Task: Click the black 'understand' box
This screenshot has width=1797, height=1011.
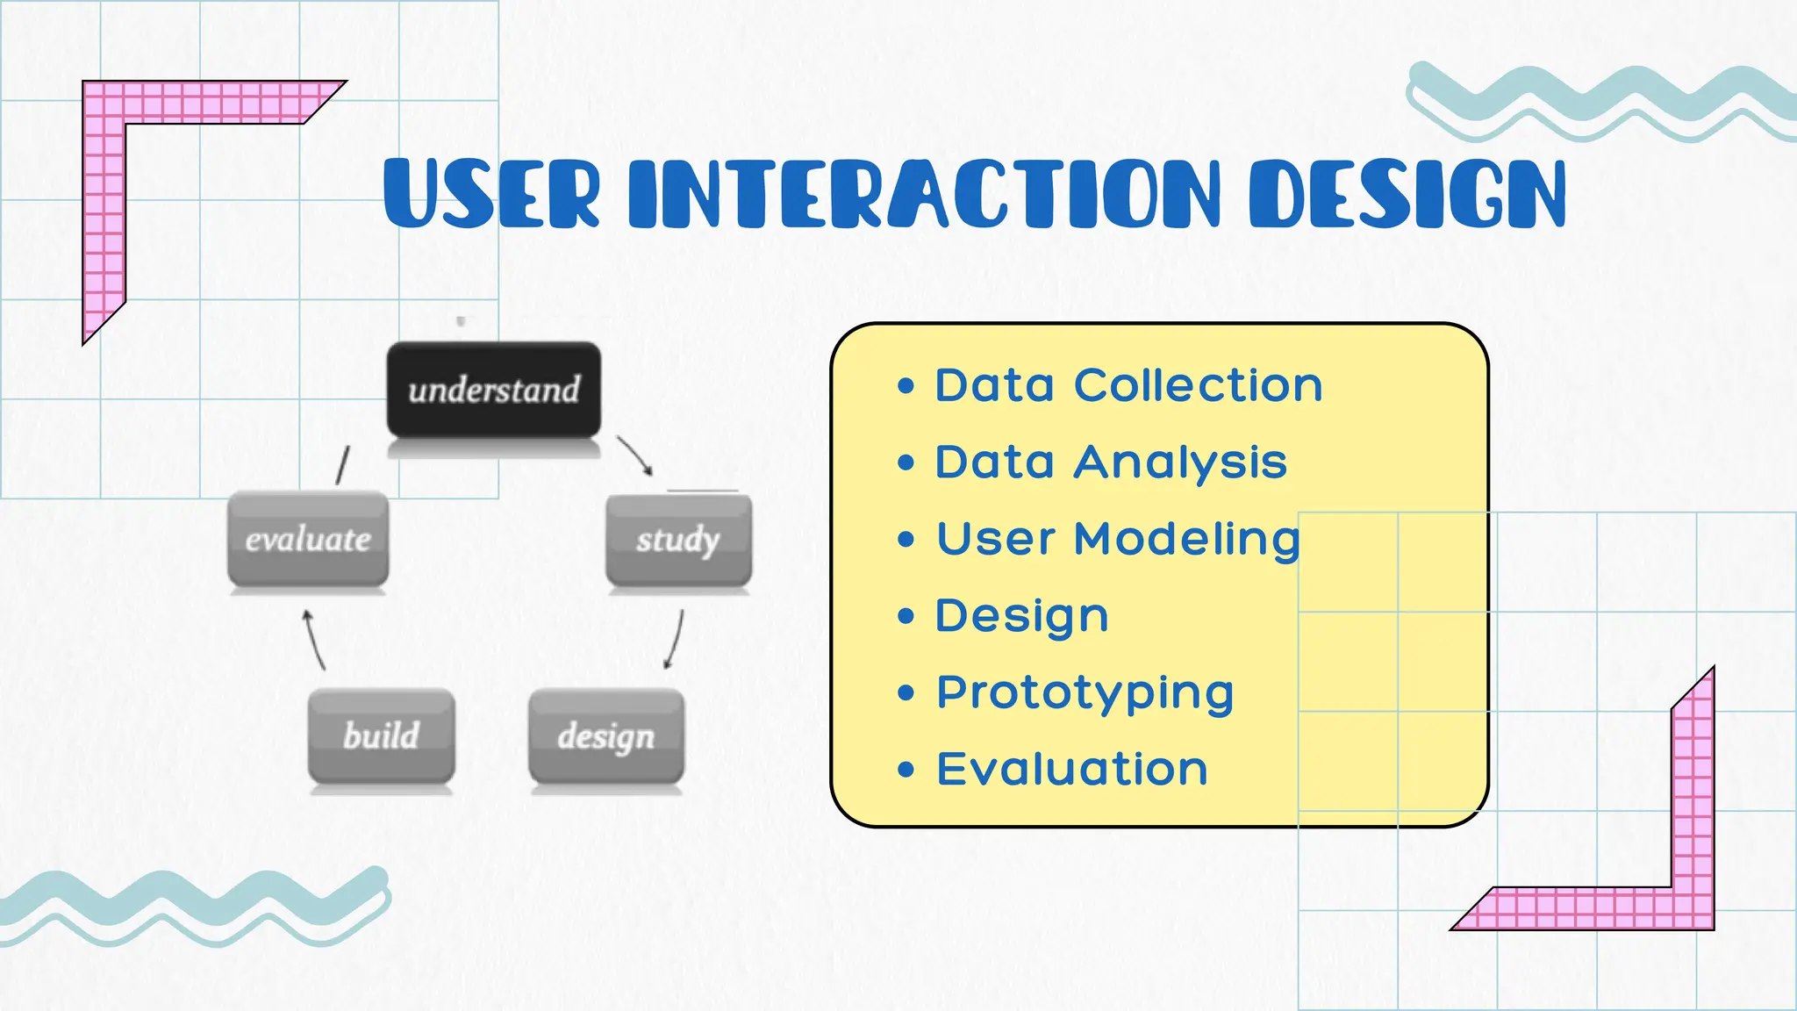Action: point(494,390)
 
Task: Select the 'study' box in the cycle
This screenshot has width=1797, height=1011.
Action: point(678,539)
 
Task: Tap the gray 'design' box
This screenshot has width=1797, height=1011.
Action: point(605,735)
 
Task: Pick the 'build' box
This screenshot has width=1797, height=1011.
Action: point(381,735)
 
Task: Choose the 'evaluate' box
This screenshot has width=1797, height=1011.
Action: point(308,539)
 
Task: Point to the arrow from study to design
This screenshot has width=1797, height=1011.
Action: point(675,640)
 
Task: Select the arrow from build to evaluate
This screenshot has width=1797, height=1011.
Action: point(313,640)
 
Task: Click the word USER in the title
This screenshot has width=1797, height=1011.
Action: point(492,194)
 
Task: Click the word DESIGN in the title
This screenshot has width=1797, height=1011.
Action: point(1407,194)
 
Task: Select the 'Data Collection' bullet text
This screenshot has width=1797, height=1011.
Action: point(1128,385)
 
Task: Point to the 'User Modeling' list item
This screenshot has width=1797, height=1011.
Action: point(1118,539)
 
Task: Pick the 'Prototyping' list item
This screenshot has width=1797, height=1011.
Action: point(1085,692)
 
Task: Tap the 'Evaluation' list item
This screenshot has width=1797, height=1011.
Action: point(1072,770)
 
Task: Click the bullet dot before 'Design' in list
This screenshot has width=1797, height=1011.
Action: point(906,616)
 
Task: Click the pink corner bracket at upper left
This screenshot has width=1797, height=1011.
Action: point(104,176)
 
